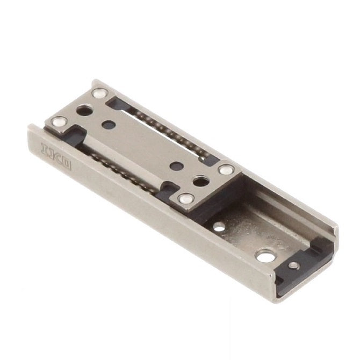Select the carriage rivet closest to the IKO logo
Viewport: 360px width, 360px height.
[x=57, y=123]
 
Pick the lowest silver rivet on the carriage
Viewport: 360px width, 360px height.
[x=186, y=199]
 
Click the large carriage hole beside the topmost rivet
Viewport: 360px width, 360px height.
[x=84, y=110]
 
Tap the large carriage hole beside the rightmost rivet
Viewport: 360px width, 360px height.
[x=200, y=182]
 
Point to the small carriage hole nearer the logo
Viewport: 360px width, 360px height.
[x=109, y=125]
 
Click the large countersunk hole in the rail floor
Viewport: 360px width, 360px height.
[x=264, y=254]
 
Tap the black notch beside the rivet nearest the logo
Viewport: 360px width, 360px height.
[x=75, y=131]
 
